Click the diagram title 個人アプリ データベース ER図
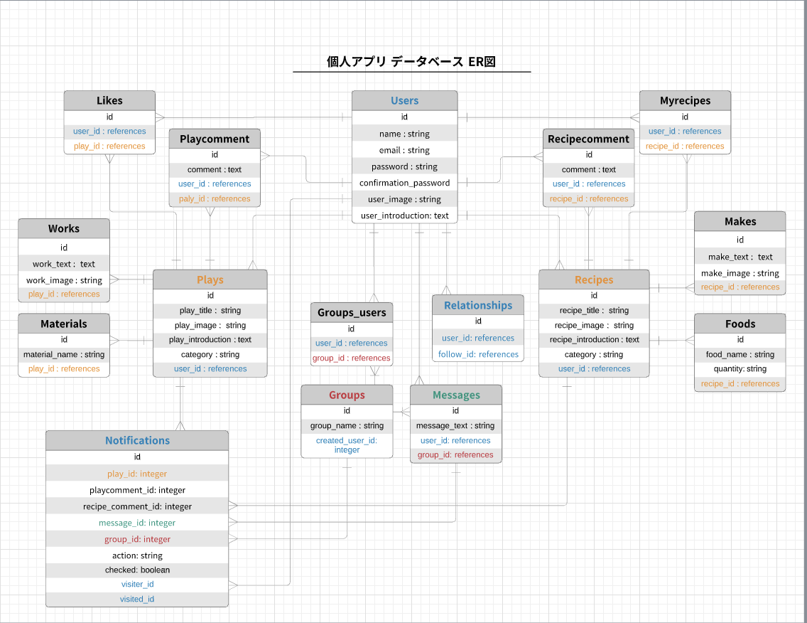pos(411,62)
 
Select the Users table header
pos(404,101)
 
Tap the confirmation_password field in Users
pos(404,183)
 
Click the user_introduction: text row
pos(404,215)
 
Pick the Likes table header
pos(109,101)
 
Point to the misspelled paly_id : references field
pos(215,199)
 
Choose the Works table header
pos(64,229)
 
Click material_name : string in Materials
pos(64,354)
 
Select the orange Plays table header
pos(210,280)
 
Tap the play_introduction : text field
pos(210,340)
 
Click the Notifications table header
pos(137,441)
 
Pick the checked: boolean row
pos(137,570)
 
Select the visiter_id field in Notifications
pos(137,585)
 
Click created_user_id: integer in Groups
pos(347,445)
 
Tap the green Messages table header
pos(456,395)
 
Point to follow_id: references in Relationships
pos(478,354)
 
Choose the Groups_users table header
pos(352,313)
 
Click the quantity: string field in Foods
pos(740,369)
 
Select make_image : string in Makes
pos(740,273)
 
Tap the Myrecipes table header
pos(685,101)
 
